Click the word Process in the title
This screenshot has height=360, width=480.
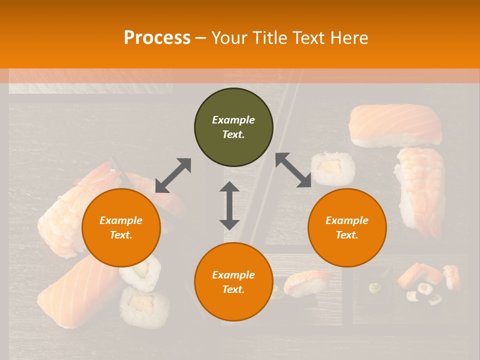click(x=157, y=38)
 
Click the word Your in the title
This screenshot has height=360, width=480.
click(x=228, y=38)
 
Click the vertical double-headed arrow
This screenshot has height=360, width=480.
click(x=229, y=205)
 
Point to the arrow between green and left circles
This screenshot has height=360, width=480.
click(x=173, y=175)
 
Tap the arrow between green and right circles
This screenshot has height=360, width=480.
click(x=293, y=170)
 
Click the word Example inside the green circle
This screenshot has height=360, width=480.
click(x=233, y=120)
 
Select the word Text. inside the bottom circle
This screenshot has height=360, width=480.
click(x=233, y=289)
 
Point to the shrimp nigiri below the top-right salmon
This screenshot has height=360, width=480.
click(x=420, y=190)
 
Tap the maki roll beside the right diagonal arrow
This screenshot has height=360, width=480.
click(x=333, y=168)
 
